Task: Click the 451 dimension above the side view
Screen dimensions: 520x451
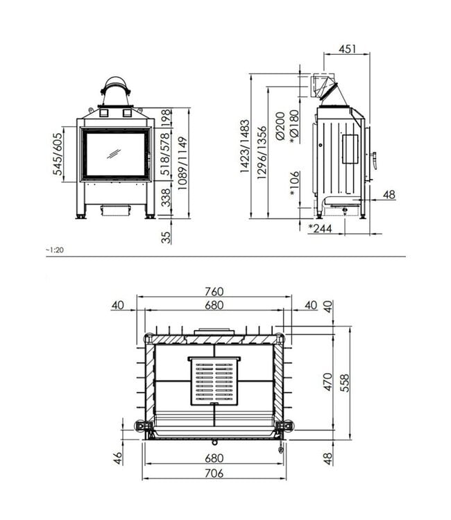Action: tap(348, 49)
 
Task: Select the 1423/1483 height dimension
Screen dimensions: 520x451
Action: tap(246, 146)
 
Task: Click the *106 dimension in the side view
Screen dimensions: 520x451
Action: tap(294, 184)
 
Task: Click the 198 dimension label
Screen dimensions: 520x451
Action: tap(165, 118)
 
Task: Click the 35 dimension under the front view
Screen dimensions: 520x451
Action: tap(165, 237)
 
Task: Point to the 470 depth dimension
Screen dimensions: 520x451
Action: tap(328, 382)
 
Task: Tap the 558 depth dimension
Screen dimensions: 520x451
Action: tap(345, 382)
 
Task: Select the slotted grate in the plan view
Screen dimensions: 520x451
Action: tap(214, 381)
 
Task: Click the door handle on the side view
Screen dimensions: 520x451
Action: tap(373, 160)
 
